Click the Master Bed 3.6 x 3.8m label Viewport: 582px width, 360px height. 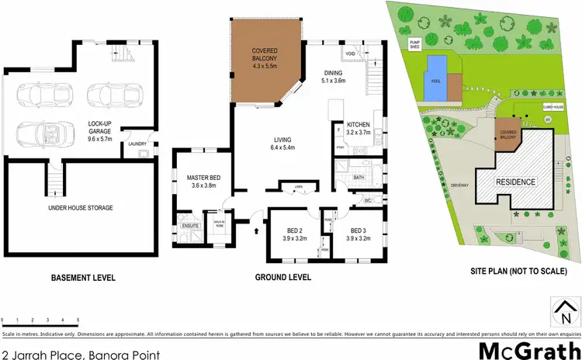pos(204,183)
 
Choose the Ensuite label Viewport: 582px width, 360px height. pos(190,226)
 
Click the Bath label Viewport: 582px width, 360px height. pos(358,177)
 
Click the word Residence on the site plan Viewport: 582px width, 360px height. pos(516,182)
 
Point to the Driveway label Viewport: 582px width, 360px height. pos(456,186)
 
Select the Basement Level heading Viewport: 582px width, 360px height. pos(83,277)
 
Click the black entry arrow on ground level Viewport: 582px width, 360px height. pos(257,230)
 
